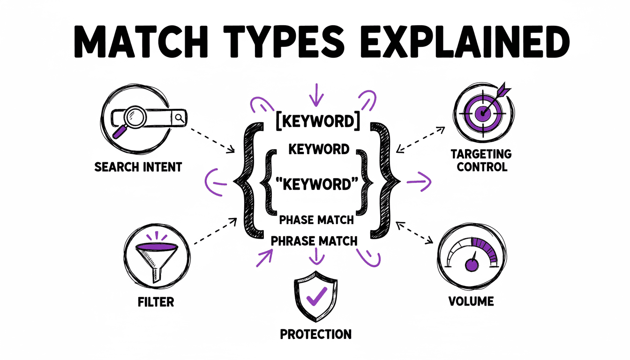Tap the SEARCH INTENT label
138,167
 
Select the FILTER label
156,301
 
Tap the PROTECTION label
315,335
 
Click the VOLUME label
471,301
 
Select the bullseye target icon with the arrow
482,112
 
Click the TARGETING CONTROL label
481,160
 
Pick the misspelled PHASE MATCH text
316,219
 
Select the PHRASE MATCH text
315,241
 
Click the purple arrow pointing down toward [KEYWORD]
315,94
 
